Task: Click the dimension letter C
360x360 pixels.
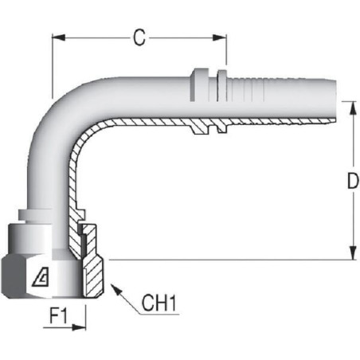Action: tap(139, 37)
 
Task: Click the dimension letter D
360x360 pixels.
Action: tap(353, 181)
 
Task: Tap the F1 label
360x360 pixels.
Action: tap(58, 316)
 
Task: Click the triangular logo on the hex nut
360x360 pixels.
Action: tap(41, 276)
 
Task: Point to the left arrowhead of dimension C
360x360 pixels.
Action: tap(58, 37)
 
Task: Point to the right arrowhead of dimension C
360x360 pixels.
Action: tap(220, 37)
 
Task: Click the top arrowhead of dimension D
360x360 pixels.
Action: tap(353, 108)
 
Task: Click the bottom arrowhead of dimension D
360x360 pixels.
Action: tap(353, 253)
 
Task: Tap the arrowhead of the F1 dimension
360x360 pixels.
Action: tap(79, 327)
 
